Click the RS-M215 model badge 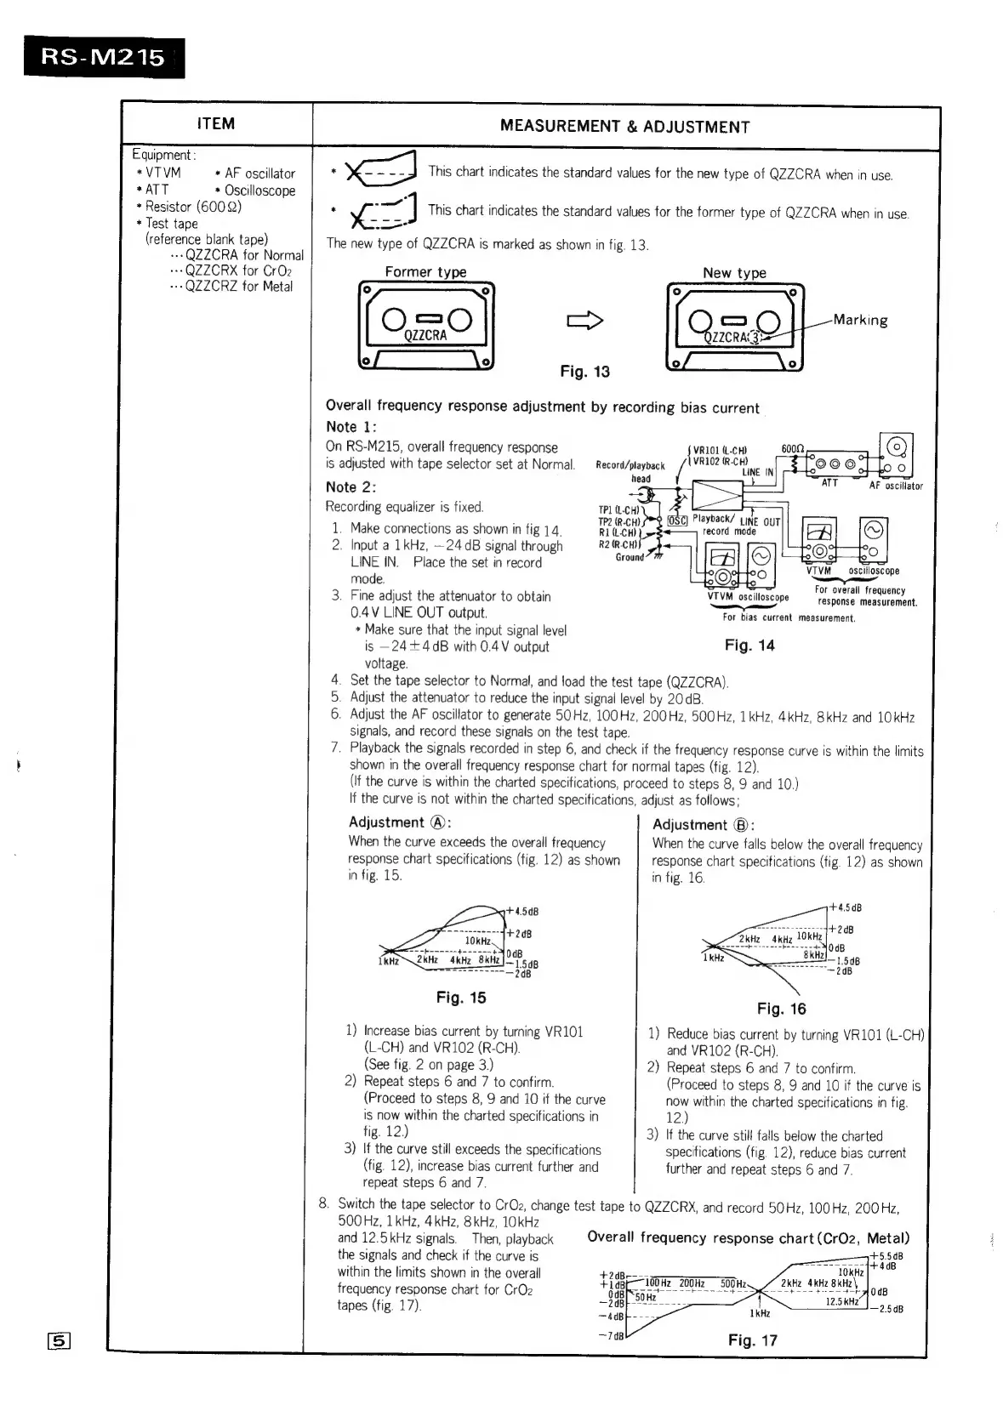[104, 57]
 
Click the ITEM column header [215, 124]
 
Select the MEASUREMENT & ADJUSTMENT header [624, 128]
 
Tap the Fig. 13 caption [584, 372]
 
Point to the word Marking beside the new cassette [860, 321]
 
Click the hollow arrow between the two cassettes [584, 321]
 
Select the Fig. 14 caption [749, 646]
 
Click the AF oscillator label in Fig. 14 [895, 486]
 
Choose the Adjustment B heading [704, 825]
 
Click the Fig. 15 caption [461, 998]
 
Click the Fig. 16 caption [781, 1009]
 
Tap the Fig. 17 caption [752, 1340]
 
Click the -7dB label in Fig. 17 [612, 1335]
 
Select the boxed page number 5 [59, 1342]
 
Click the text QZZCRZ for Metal [238, 287]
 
